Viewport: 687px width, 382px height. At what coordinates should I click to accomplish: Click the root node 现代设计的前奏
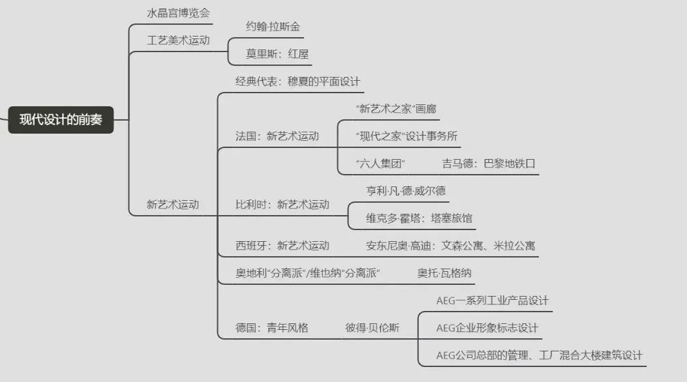pos(61,120)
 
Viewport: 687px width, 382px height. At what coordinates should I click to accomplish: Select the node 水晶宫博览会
pos(179,13)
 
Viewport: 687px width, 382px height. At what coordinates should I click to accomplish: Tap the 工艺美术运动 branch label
pos(178,40)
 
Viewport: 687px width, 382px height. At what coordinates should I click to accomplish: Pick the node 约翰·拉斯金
pos(273,27)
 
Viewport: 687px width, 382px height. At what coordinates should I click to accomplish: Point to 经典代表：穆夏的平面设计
pos(298,82)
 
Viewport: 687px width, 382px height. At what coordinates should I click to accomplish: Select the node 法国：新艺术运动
pos(277,136)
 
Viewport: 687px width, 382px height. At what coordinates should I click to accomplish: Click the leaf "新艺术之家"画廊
pos(396,109)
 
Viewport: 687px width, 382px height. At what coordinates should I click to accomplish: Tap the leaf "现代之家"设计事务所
pos(406,136)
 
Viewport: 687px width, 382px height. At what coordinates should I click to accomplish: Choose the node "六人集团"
pos(381,164)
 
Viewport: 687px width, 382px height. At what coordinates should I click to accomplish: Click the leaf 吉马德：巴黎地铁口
pos(489,164)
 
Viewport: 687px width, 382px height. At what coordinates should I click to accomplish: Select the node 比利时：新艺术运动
pos(282,205)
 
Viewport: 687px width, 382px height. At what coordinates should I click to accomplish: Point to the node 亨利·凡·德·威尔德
pos(406,190)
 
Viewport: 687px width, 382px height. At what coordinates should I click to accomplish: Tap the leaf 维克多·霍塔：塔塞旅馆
pos(418,218)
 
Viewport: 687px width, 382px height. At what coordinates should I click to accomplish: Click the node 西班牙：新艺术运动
pos(282,246)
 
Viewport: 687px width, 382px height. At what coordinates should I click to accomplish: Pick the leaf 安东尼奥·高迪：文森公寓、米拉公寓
pos(451,246)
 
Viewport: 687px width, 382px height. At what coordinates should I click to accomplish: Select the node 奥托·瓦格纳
pos(444,273)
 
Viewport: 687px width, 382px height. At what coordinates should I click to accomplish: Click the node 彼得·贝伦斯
pos(372,328)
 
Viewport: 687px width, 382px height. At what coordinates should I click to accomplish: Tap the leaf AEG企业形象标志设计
pos(487,328)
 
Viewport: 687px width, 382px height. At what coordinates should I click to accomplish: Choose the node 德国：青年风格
pos(272,328)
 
